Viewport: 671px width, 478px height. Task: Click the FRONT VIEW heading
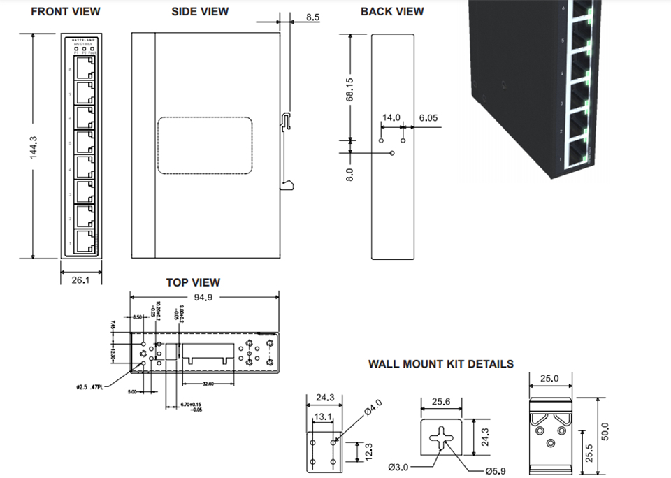pos(66,11)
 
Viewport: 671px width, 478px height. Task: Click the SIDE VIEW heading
pos(200,11)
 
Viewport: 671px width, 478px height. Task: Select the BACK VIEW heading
pos(392,11)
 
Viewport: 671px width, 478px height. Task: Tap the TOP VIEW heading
pos(193,282)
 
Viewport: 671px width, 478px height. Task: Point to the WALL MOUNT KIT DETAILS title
pos(441,364)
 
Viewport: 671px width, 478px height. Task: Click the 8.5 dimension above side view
pos(313,15)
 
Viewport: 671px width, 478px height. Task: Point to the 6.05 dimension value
pos(428,118)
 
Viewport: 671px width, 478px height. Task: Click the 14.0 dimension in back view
pos(390,118)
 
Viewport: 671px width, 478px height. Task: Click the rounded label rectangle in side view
pos(205,145)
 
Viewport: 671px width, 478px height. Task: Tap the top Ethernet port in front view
pos(84,69)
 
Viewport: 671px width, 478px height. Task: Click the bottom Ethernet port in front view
pos(84,241)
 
